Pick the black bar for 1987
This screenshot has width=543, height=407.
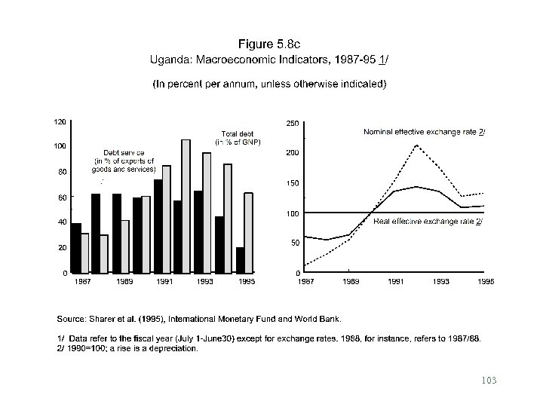coord(75,248)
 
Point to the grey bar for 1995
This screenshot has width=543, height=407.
coord(248,233)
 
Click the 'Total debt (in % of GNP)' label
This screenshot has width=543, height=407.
coord(238,139)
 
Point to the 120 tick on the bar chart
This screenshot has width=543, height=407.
coord(57,121)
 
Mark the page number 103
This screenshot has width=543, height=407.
coord(490,380)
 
